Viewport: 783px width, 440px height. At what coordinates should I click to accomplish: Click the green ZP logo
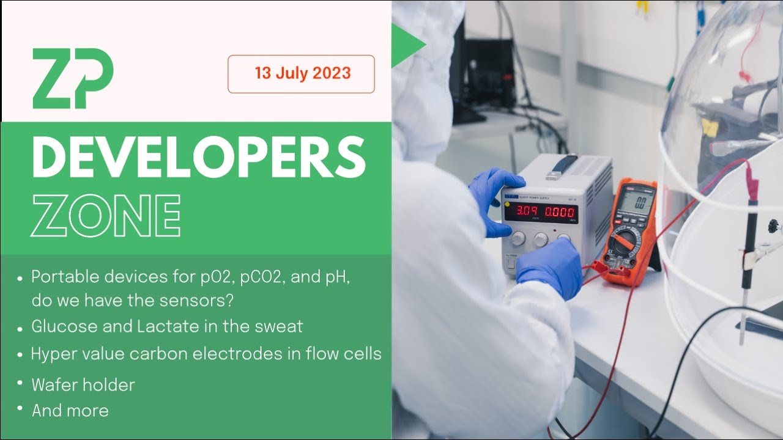[73, 79]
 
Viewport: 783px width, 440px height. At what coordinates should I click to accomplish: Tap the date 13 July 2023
[302, 74]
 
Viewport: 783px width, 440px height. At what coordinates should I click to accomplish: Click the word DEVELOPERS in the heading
[198, 156]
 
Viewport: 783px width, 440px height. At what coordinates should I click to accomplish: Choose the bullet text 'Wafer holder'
[83, 385]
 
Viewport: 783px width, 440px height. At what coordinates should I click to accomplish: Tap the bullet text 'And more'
[70, 411]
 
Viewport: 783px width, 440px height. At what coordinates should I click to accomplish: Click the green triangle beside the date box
[406, 45]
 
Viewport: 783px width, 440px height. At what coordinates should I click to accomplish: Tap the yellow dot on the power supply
[507, 204]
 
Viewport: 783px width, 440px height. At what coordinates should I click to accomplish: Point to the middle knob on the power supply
[541, 239]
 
